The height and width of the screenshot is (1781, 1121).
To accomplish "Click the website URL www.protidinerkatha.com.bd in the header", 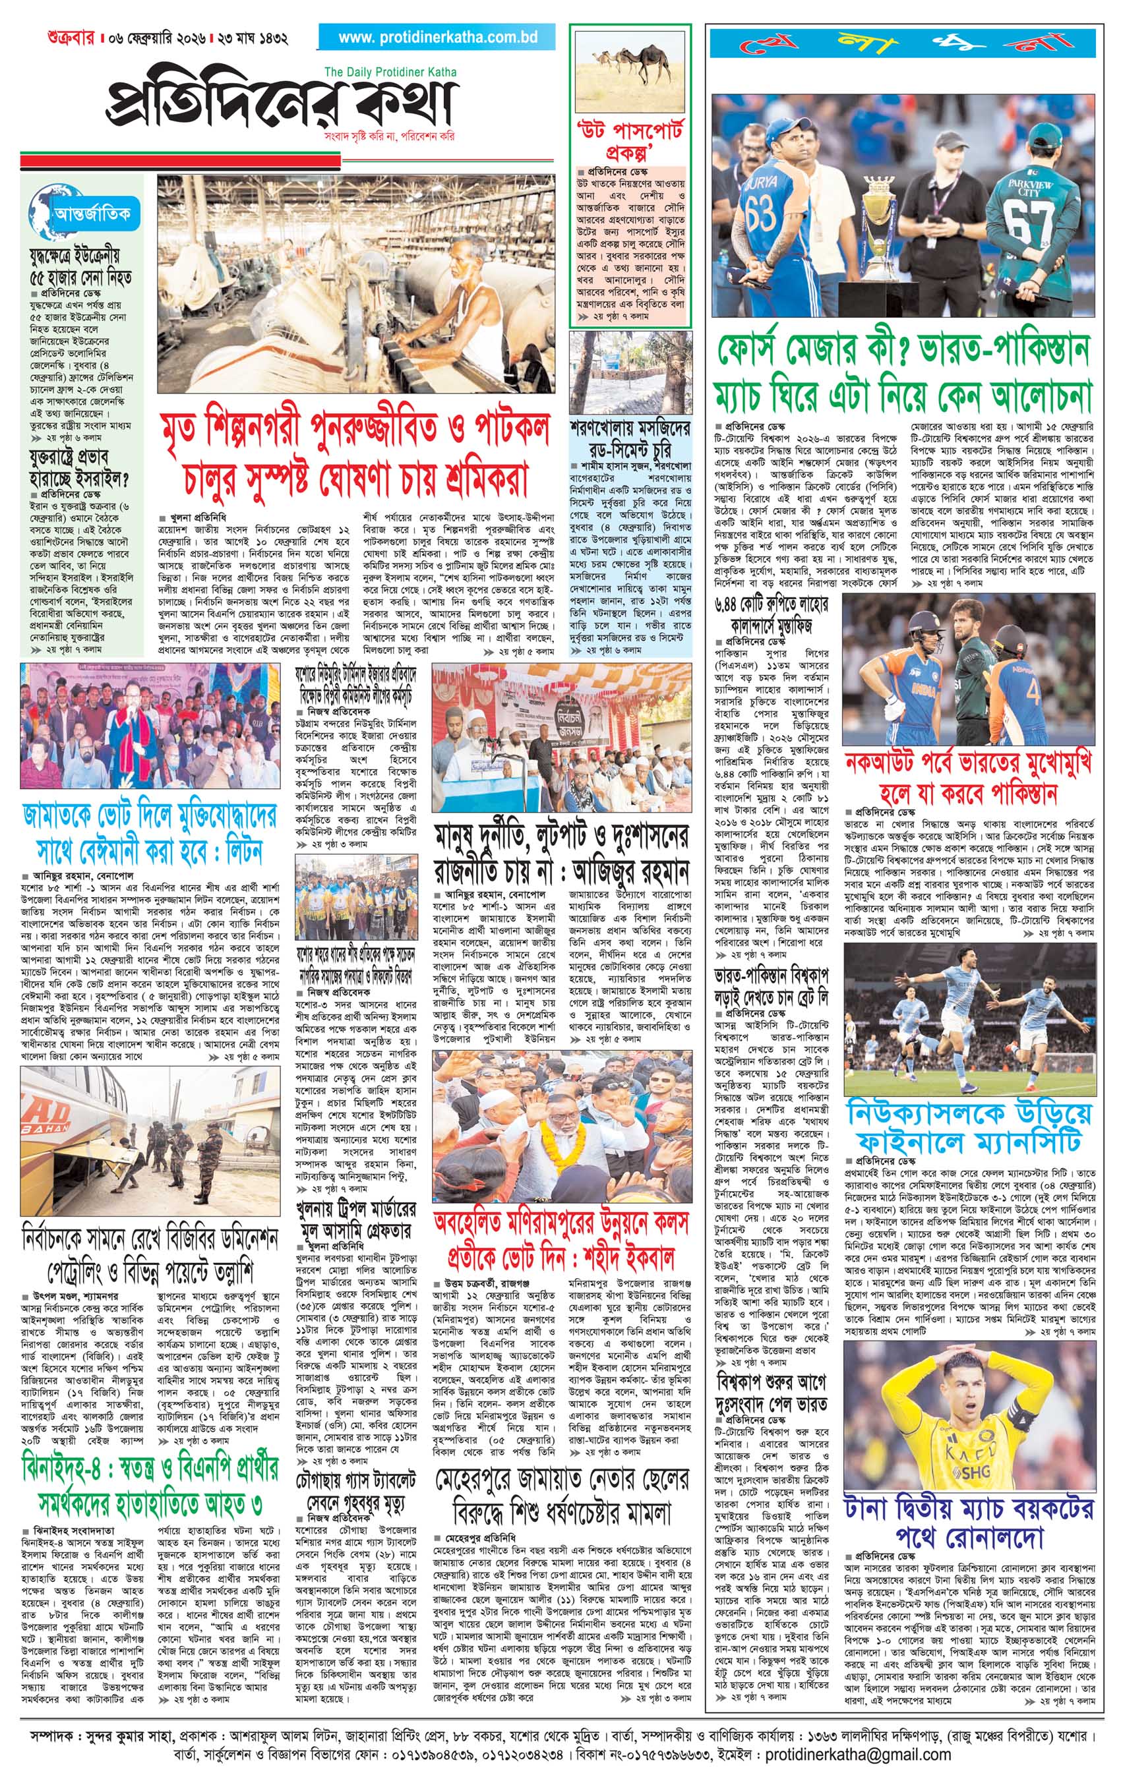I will [x=437, y=38].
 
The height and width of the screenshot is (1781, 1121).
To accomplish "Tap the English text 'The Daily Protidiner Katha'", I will [x=390, y=72].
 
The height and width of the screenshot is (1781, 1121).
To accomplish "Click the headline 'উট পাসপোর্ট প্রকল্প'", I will [x=630, y=143].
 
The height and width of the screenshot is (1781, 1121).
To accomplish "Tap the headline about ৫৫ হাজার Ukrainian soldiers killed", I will [x=80, y=266].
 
